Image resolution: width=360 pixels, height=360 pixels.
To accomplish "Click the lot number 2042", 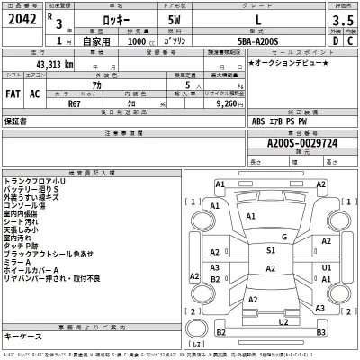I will tap(22, 21).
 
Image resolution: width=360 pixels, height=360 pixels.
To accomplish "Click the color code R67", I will tap(76, 103).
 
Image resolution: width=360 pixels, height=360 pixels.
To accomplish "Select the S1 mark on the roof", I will tap(272, 251).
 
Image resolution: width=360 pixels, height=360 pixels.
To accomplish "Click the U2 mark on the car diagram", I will tap(283, 319).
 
